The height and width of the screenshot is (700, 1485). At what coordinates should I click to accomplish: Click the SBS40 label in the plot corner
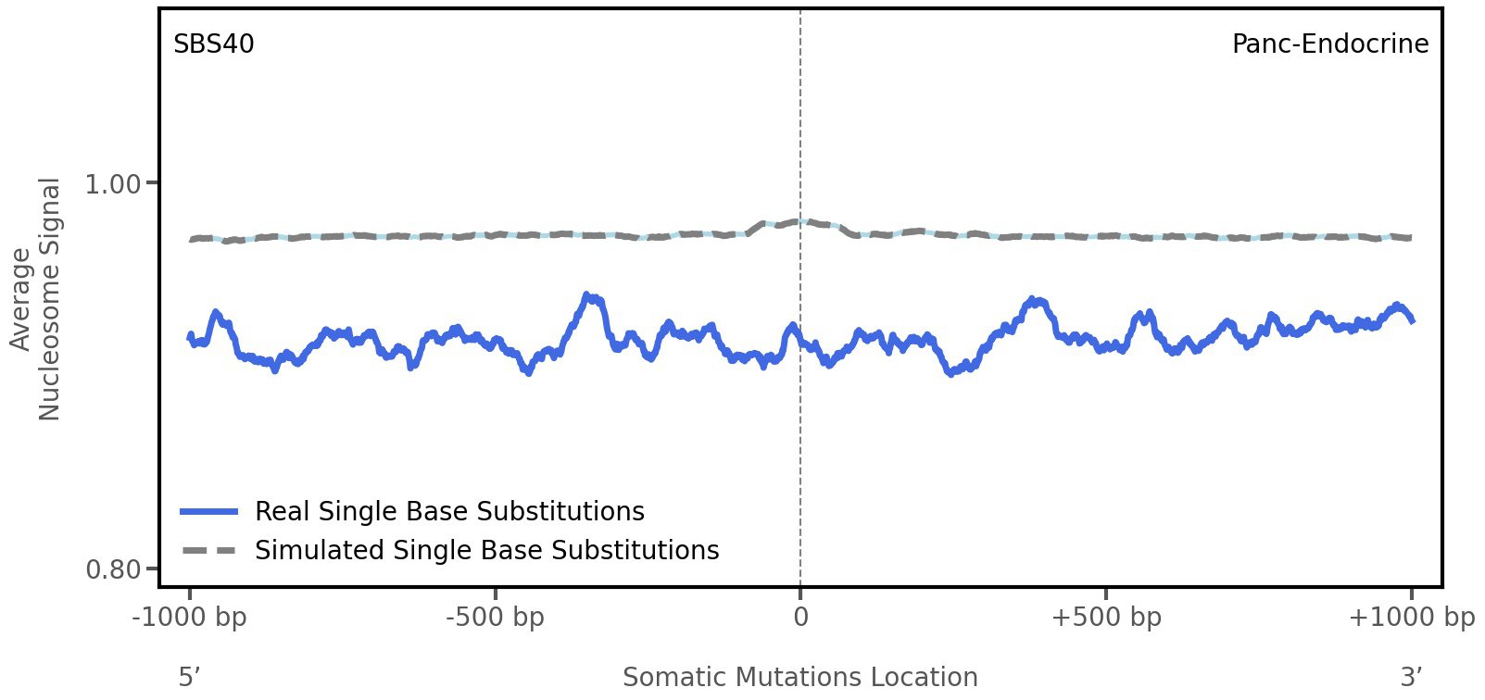coord(214,44)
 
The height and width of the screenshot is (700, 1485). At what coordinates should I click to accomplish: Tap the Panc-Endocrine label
coord(1329,44)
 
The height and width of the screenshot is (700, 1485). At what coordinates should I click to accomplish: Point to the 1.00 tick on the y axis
coord(113,183)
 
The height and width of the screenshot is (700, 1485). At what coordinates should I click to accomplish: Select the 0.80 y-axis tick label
coord(113,568)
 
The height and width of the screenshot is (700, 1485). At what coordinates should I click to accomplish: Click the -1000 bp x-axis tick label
coord(190,618)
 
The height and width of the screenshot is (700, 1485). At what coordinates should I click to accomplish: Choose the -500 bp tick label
coord(495,618)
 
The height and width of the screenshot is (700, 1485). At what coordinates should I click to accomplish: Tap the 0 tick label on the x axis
coord(800,618)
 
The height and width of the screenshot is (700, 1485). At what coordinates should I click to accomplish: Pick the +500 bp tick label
coord(1106,618)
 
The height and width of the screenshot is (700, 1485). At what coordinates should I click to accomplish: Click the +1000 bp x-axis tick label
coord(1411,618)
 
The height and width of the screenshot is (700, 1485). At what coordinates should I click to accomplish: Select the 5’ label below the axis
coord(190,677)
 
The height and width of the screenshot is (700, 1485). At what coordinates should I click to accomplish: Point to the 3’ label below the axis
coord(1411,677)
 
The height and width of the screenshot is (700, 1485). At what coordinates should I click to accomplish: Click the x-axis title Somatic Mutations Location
coord(800,677)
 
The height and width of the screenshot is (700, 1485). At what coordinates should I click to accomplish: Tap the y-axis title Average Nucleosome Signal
coord(36,299)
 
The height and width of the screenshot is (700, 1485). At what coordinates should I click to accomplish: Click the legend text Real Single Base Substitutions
coord(449,511)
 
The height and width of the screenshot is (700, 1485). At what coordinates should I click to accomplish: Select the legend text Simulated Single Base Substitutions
coord(486,550)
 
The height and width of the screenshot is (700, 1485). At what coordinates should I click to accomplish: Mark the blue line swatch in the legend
coord(210,511)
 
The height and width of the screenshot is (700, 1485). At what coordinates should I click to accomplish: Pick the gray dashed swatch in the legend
coord(210,551)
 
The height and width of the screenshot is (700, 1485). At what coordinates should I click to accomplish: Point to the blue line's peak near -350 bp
coord(588,296)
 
